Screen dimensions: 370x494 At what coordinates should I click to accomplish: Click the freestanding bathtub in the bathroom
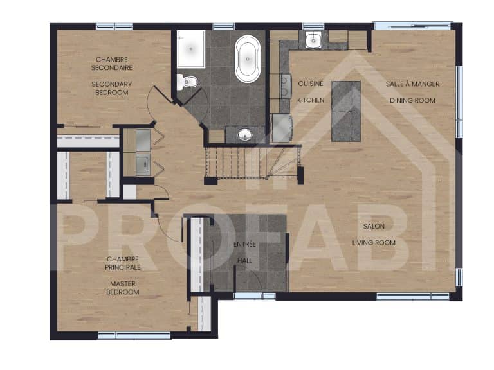click(x=248, y=59)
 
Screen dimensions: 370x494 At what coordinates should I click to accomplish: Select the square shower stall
click(x=191, y=48)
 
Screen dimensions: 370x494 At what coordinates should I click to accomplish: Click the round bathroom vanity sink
click(x=244, y=135)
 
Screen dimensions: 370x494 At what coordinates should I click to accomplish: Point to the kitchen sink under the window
click(x=313, y=41)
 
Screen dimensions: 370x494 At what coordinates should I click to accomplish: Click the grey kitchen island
click(x=346, y=110)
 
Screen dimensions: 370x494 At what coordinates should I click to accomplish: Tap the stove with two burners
click(x=281, y=84)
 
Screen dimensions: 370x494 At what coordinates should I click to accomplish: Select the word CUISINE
click(x=310, y=84)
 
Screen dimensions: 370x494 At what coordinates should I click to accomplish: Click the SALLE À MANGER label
click(x=412, y=84)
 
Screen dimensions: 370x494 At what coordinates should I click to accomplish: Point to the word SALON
click(x=374, y=226)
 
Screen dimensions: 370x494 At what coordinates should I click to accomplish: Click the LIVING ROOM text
click(x=374, y=242)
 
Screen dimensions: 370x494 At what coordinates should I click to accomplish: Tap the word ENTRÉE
click(x=245, y=244)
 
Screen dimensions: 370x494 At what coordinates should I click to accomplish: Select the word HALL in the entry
click(x=245, y=261)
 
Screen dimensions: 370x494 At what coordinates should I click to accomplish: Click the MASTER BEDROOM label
click(x=123, y=287)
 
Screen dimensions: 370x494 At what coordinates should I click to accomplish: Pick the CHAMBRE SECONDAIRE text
click(x=111, y=64)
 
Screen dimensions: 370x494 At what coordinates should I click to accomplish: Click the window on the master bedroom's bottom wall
click(x=133, y=335)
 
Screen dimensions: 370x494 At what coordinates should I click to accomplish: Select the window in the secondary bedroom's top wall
click(x=114, y=26)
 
